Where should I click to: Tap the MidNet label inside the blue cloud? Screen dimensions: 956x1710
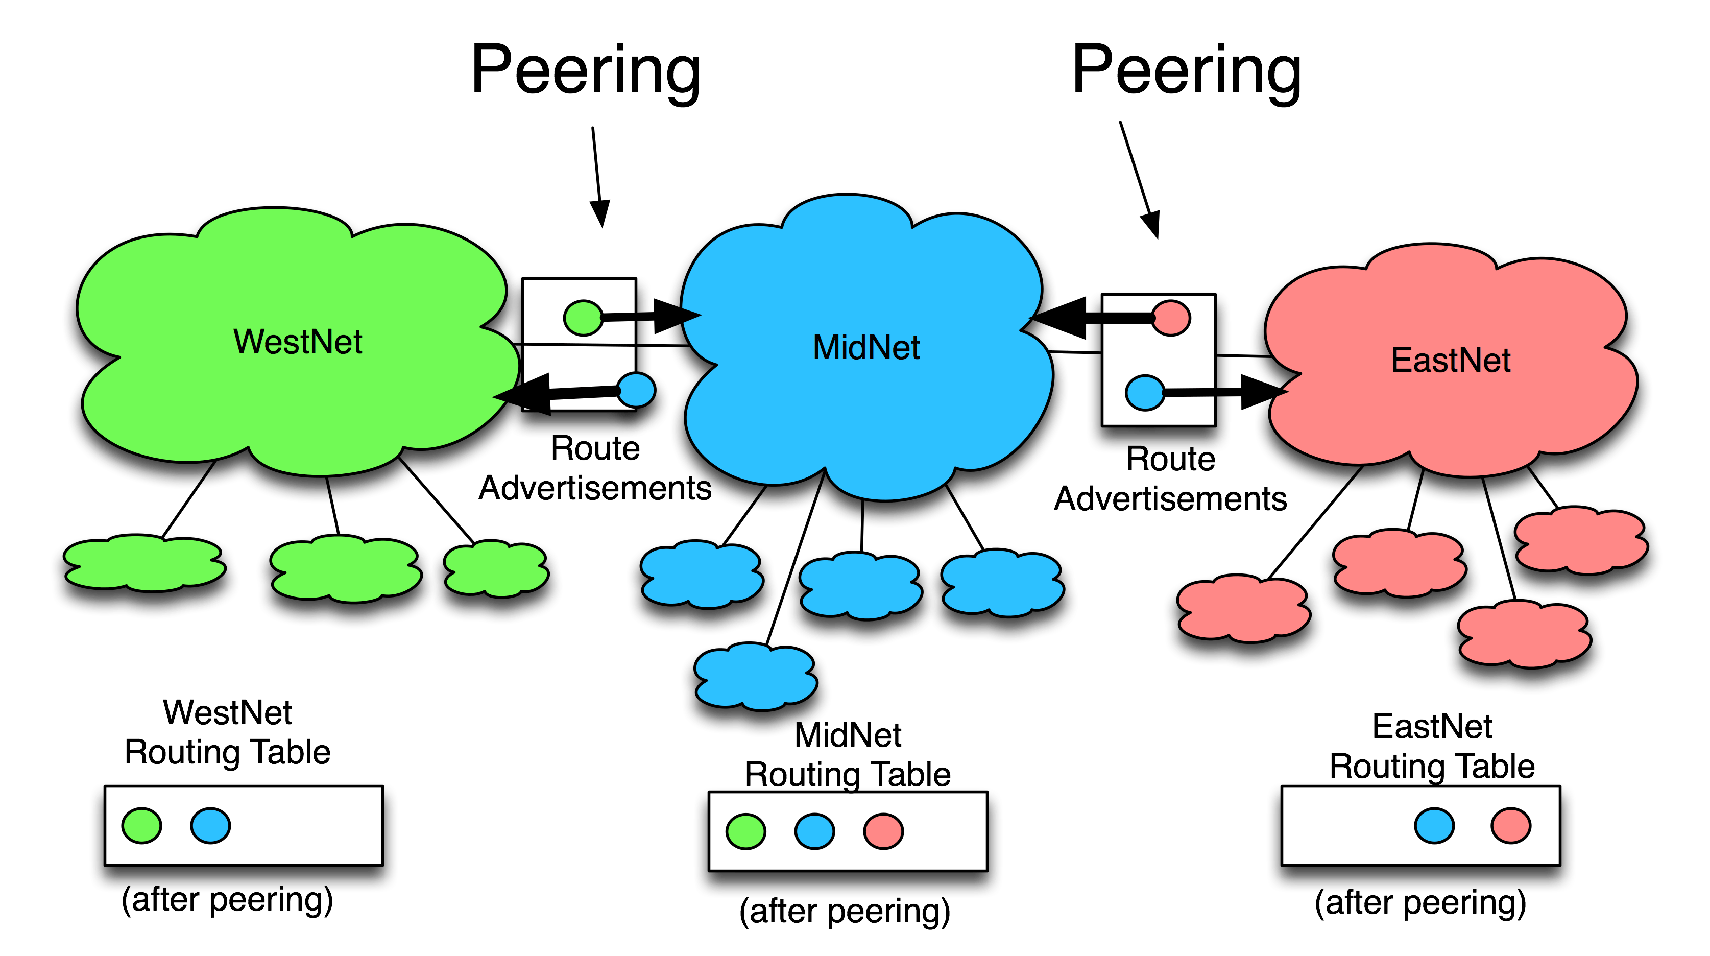pos(866,347)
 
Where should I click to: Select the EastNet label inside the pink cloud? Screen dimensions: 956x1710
pos(1451,361)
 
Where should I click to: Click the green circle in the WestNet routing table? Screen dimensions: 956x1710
pos(141,825)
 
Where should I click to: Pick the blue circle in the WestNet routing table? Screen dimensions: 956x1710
pos(210,825)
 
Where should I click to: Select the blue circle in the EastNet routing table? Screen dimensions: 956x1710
pos(1434,825)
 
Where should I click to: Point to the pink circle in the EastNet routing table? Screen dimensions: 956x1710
pos(1511,825)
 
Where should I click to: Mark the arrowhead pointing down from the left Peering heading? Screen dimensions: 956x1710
pos(601,214)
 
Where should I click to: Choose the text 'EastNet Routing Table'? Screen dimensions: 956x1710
pos(1432,746)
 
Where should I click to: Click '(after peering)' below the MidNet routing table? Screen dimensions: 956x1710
pos(845,912)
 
